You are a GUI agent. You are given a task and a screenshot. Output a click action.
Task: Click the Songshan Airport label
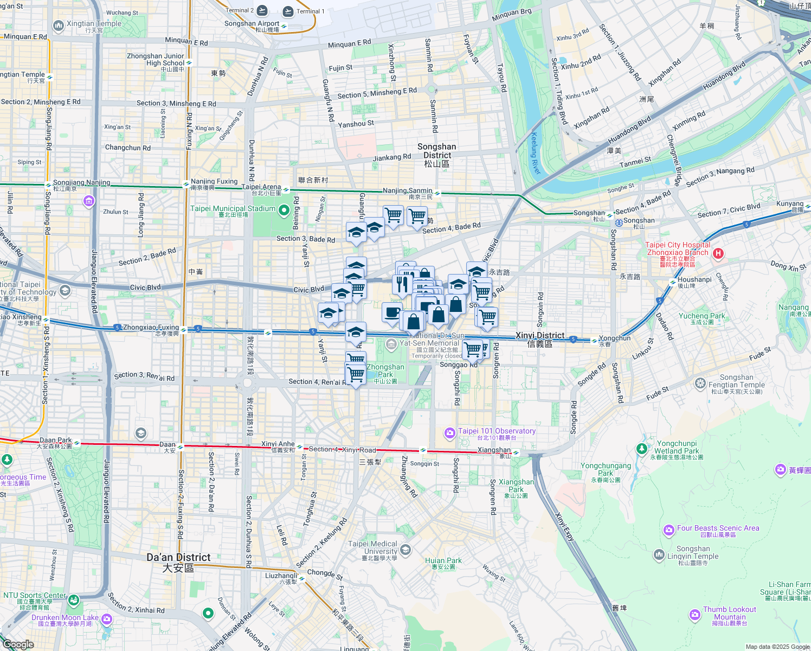252,24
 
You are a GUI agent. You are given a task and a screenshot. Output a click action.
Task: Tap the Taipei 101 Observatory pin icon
449,432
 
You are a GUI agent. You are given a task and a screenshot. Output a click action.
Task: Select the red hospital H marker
718,253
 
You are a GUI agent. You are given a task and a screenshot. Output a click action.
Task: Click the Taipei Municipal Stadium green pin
284,210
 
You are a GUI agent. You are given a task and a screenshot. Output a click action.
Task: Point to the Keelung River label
535,154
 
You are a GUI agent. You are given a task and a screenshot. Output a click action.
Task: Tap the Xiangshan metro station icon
517,452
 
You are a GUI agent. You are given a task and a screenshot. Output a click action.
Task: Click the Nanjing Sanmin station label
408,190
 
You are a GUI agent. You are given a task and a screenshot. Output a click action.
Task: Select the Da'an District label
178,558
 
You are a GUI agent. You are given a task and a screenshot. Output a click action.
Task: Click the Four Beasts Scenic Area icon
669,529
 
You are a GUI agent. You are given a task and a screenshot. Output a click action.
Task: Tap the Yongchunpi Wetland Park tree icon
642,449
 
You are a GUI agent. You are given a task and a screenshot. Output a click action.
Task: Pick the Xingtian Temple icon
58,25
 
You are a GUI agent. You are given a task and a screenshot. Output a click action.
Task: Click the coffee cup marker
392,312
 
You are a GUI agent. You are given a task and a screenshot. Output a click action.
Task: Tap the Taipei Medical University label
372,547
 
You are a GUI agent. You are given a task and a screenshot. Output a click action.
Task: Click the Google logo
18,644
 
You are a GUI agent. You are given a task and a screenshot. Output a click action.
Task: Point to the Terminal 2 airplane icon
262,10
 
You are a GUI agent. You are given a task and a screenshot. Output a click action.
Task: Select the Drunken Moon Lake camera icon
106,619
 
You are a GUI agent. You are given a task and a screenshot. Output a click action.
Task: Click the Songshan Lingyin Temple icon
659,554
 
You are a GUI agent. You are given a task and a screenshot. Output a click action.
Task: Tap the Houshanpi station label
694,279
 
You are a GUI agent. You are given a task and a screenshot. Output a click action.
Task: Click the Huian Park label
443,560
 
